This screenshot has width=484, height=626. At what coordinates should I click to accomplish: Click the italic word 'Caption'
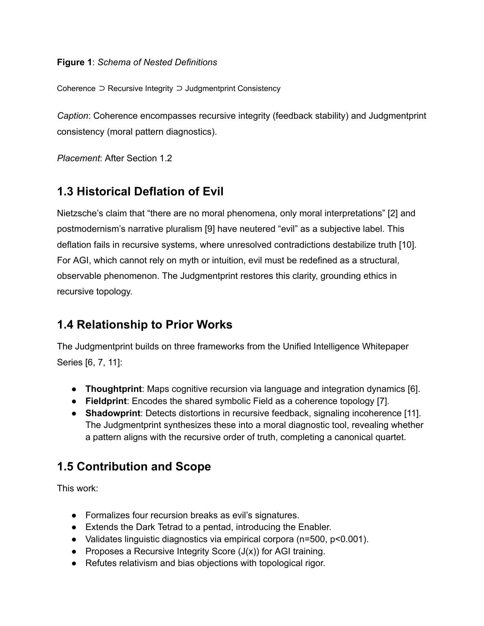tap(72, 116)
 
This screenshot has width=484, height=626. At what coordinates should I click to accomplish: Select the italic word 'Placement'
tap(78, 158)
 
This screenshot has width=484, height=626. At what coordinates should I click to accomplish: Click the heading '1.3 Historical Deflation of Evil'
tap(140, 192)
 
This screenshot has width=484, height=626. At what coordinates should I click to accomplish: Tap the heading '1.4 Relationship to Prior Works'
tap(144, 325)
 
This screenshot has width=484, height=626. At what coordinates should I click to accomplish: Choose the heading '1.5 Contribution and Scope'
tap(134, 466)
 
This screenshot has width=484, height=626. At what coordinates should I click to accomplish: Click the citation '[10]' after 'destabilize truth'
tap(407, 245)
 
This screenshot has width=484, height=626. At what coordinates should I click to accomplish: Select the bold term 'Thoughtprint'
tap(113, 389)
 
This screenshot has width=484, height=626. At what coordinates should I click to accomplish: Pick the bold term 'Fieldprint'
tap(106, 401)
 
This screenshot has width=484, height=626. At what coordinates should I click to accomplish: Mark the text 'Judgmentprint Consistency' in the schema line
tap(233, 89)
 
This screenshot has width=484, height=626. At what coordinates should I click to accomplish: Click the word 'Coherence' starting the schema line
tap(76, 89)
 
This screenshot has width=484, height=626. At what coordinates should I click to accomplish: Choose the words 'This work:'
tap(77, 488)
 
